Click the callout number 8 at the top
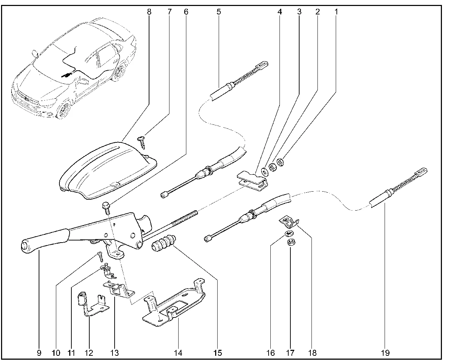pyautogui.click(x=149, y=12)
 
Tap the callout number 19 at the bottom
pyautogui.click(x=386, y=353)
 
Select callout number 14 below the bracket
pyautogui.click(x=178, y=353)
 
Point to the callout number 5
pyautogui.click(x=219, y=12)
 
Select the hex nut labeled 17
pyautogui.click(x=290, y=242)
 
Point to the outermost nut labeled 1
pyautogui.click(x=281, y=162)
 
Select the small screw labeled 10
pyautogui.click(x=101, y=257)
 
